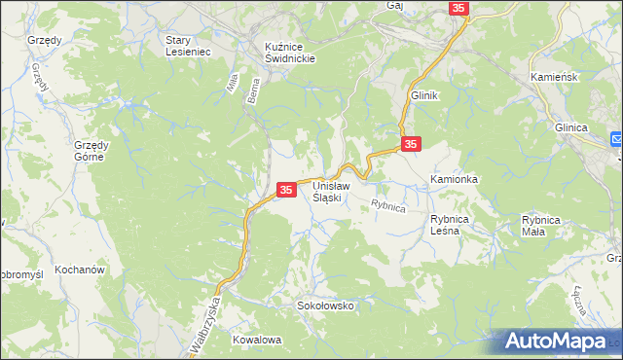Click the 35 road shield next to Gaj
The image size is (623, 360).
tap(460, 8)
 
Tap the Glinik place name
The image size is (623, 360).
tap(425, 95)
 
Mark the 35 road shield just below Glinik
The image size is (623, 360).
tap(411, 143)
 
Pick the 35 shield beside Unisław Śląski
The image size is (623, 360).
tap(286, 190)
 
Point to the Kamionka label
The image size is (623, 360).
tap(455, 181)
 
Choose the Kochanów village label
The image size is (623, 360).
tap(80, 269)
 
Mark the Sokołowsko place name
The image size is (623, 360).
tap(325, 306)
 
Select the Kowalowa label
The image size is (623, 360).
tap(257, 340)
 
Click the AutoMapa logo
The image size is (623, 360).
tap(558, 342)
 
